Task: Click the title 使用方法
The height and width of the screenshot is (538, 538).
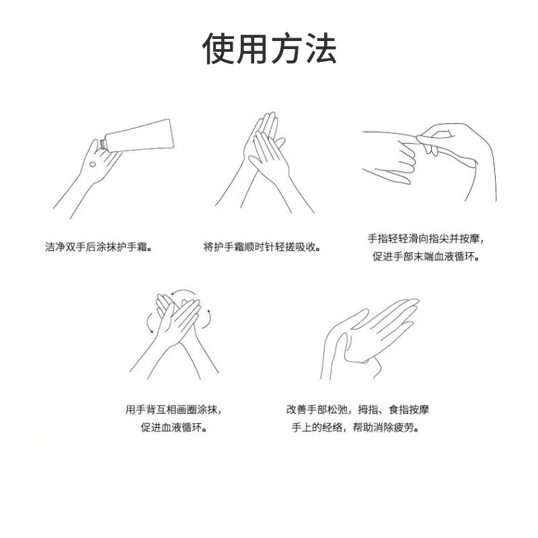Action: [x=269, y=48]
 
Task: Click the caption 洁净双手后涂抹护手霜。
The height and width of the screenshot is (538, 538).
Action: [x=99, y=247]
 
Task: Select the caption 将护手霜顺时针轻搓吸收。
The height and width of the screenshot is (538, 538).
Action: [x=262, y=247]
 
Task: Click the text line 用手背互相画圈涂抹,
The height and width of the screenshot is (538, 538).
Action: [x=173, y=409]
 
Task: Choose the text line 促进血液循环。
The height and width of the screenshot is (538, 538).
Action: [x=173, y=428]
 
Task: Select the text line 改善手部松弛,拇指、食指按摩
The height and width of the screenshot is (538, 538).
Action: [x=358, y=409]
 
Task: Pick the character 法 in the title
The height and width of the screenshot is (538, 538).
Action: [x=319, y=48]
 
